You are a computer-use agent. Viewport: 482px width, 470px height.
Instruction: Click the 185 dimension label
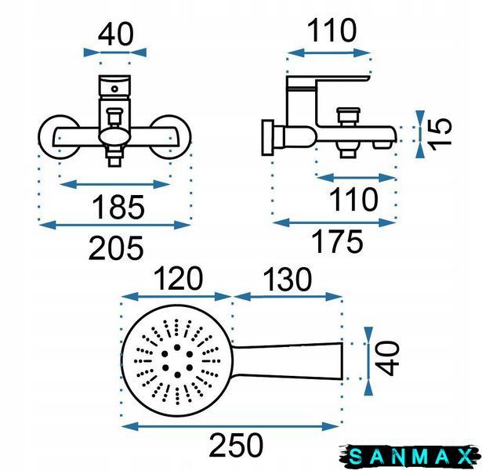118,207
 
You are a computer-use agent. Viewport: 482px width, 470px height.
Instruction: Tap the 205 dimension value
116,248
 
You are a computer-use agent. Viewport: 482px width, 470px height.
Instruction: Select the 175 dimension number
337,242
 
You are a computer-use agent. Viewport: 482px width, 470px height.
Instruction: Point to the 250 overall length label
236,445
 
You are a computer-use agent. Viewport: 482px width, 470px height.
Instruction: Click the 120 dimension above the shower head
178,279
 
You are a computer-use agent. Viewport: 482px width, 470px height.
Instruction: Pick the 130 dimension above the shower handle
288,279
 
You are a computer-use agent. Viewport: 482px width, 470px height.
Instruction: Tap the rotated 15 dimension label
440,135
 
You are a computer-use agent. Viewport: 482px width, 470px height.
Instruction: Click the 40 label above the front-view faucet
115,34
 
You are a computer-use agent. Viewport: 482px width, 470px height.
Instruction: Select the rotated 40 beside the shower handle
387,359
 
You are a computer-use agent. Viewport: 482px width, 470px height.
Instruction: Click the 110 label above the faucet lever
332,31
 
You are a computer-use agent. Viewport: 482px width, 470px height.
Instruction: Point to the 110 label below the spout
353,200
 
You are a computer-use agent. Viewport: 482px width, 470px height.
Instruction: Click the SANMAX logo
410,456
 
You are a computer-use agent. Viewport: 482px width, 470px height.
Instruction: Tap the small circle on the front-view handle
114,89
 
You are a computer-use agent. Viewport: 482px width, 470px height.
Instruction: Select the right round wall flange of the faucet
171,137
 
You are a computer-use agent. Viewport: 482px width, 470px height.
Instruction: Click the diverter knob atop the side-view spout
348,116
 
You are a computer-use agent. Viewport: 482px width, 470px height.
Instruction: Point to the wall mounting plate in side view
267,138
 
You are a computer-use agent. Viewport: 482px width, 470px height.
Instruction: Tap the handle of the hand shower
287,361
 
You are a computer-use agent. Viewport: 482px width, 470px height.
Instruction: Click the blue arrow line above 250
230,426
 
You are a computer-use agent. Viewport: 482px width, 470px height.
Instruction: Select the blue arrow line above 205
115,225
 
